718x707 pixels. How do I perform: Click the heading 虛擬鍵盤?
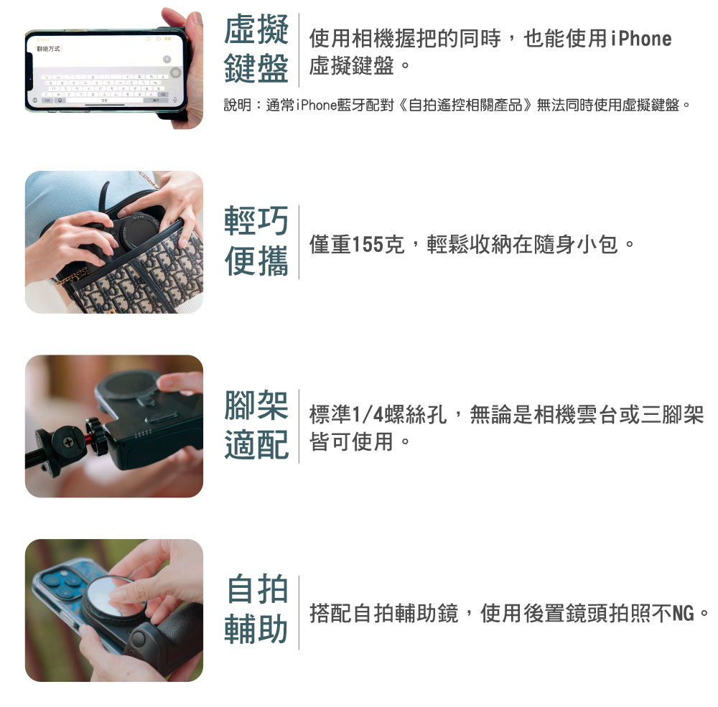(x=256, y=49)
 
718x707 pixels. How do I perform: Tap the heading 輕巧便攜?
(x=256, y=241)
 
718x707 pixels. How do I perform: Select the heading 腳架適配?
(x=256, y=426)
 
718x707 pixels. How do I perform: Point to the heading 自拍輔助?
(x=257, y=609)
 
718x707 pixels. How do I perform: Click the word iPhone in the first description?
(x=640, y=39)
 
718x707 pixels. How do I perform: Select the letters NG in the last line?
(x=683, y=613)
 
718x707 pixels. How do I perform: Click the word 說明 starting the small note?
(x=237, y=106)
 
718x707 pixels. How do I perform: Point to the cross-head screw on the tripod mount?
(x=67, y=442)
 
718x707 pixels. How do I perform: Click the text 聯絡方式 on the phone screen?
(x=48, y=49)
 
